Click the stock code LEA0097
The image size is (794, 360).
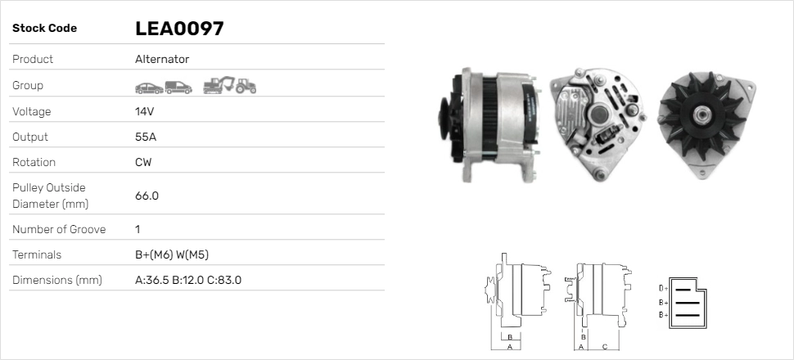179,29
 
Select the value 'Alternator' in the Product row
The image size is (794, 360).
162,60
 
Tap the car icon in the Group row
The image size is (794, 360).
148,86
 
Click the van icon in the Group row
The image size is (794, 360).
178,86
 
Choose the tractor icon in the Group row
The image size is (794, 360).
246,85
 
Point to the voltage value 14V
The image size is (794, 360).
146,111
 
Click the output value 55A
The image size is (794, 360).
146,137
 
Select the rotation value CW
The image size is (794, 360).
143,162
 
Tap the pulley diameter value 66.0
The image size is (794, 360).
147,196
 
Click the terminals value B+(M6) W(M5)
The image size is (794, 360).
177,254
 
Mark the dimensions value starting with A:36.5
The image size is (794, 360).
187,280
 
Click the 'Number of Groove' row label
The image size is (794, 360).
59,229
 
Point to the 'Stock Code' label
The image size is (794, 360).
44,29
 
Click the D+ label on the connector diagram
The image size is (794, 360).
664,288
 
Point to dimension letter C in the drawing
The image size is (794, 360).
604,345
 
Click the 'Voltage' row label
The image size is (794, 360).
31,111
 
